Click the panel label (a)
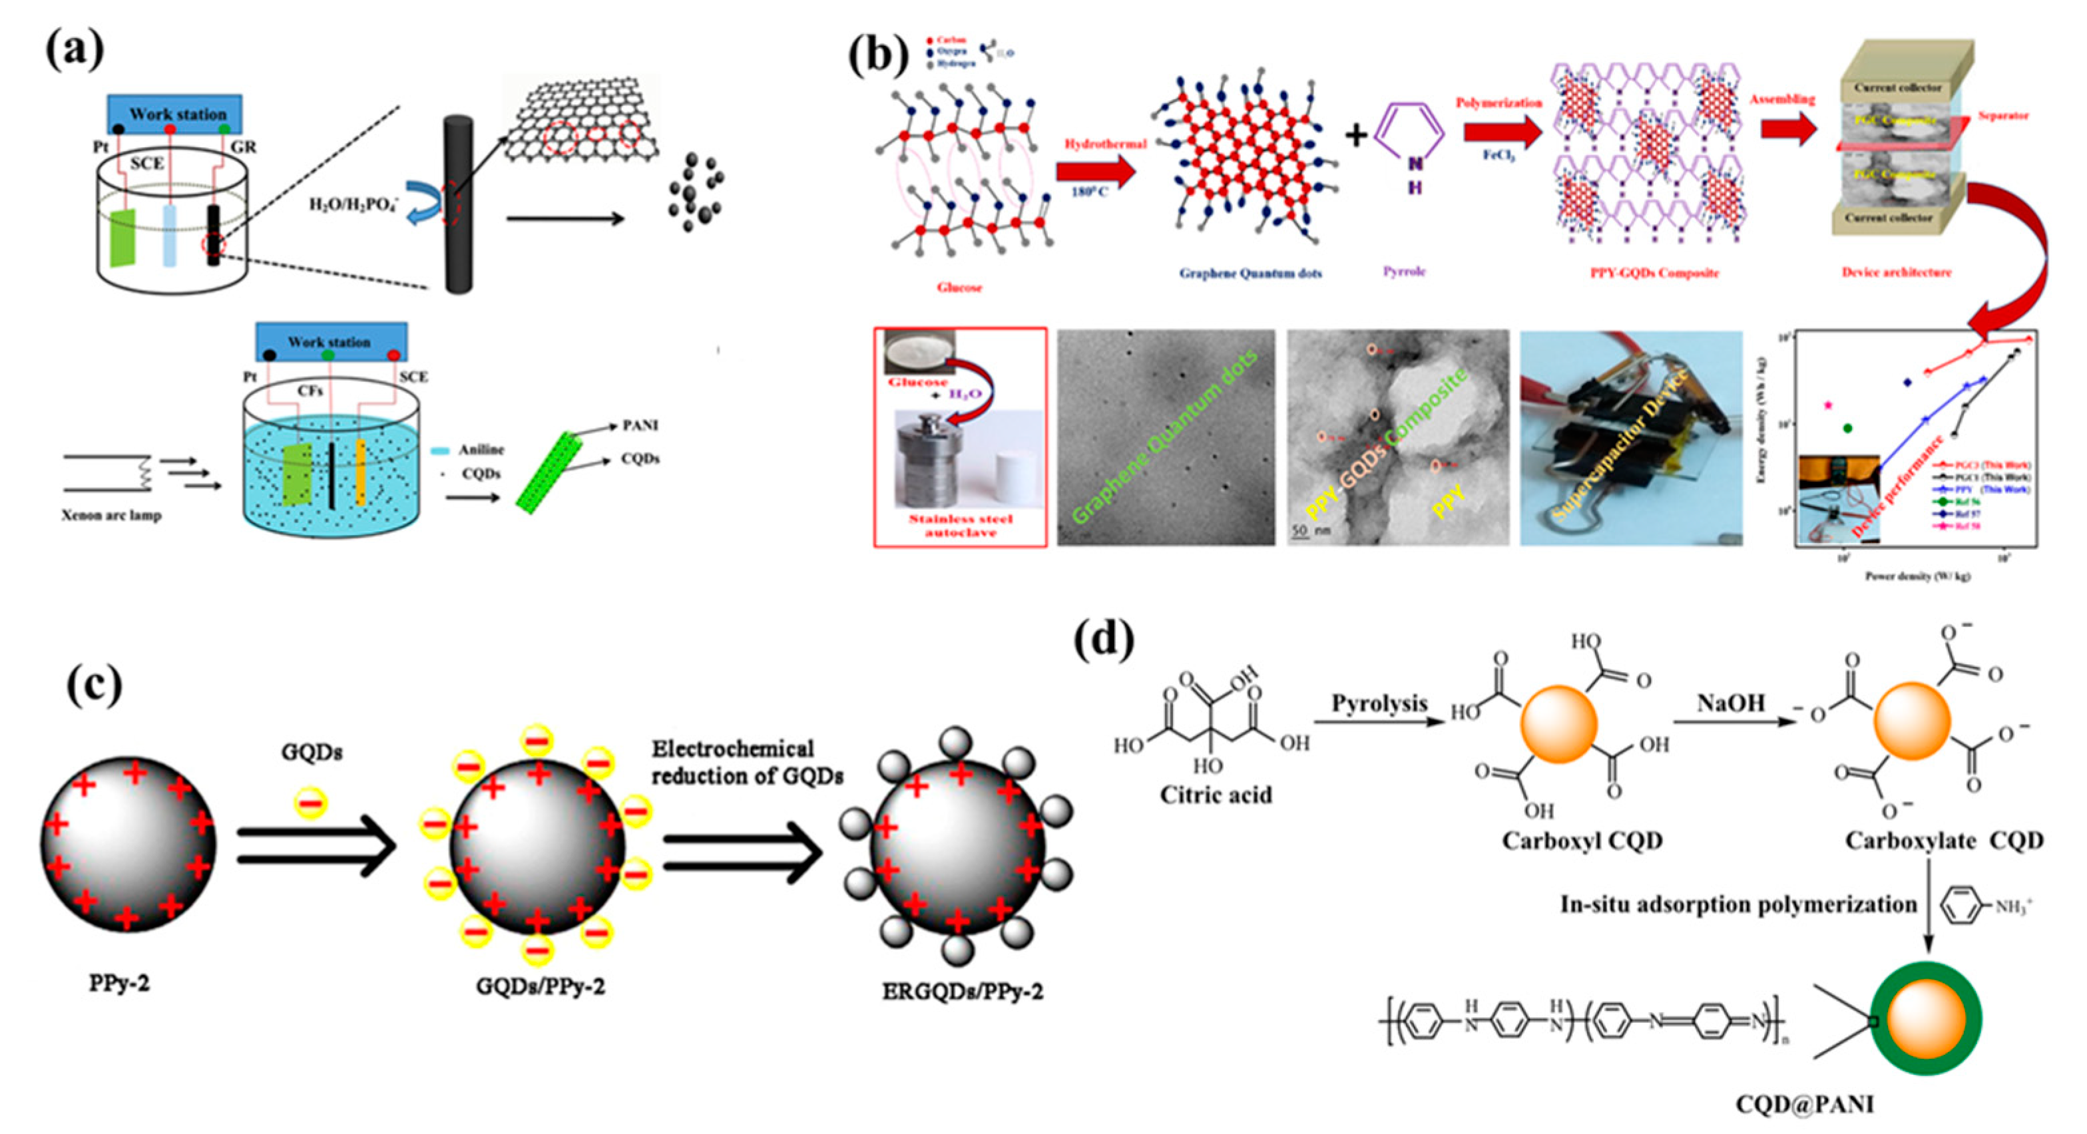click(x=75, y=50)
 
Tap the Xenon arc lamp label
click(x=112, y=515)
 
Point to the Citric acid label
click(x=1216, y=795)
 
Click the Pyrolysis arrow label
click(x=1379, y=702)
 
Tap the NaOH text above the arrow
click(x=1731, y=702)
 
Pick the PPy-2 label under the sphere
click(x=119, y=984)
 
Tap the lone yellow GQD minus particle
click(x=311, y=803)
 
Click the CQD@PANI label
click(x=1804, y=1103)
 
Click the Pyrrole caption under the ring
click(x=1404, y=272)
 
